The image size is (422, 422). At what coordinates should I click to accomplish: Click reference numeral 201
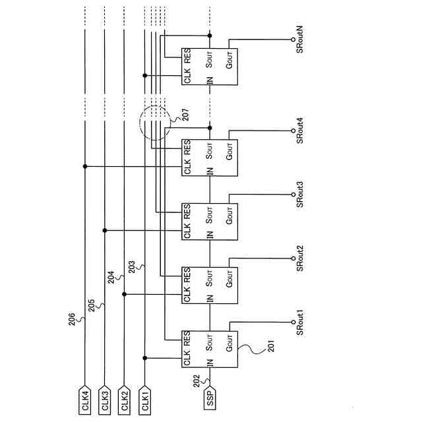(267, 347)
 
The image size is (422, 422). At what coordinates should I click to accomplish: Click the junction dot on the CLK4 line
(85, 166)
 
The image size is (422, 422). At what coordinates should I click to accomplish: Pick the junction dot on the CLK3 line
(105, 230)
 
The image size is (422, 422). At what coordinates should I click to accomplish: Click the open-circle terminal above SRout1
(293, 322)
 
